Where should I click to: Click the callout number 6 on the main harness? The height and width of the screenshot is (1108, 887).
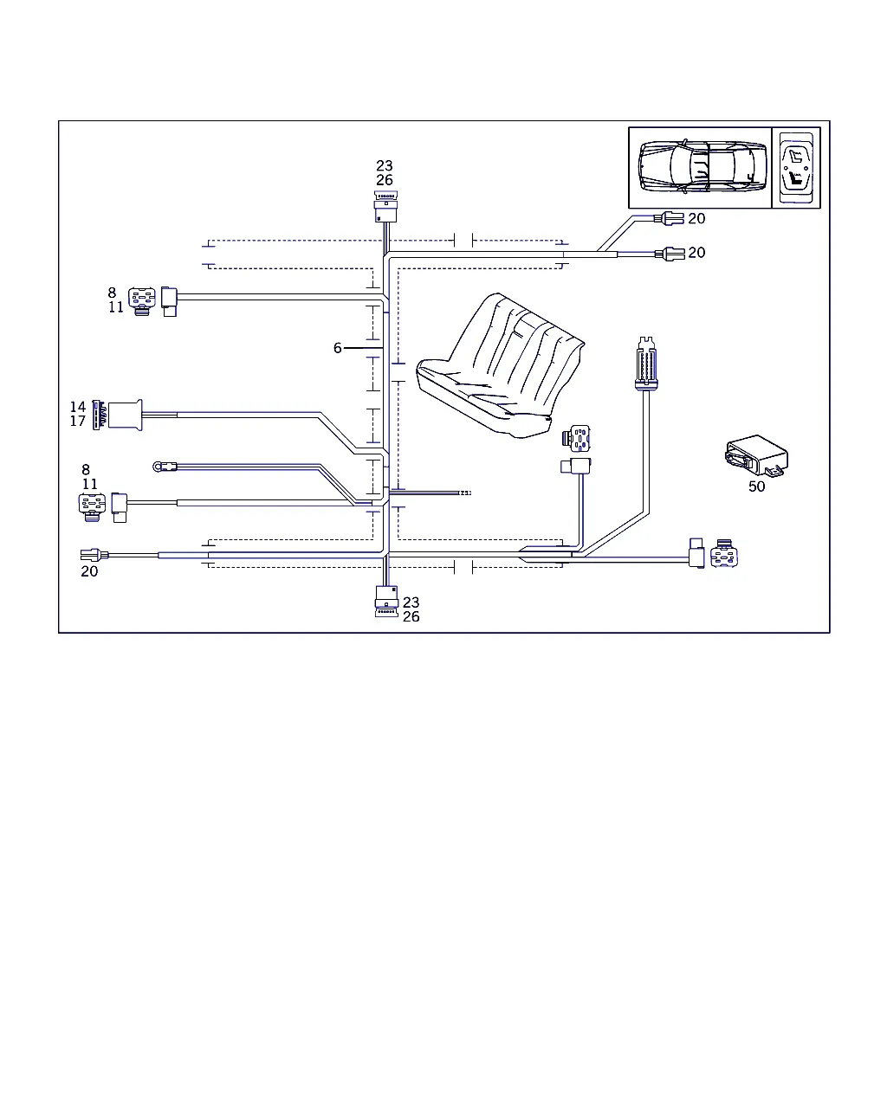pos(337,348)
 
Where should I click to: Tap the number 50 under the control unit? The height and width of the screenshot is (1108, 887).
pos(756,486)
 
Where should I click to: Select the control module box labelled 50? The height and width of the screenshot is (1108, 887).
pos(756,455)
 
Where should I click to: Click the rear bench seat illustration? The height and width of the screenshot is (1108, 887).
pos(500,365)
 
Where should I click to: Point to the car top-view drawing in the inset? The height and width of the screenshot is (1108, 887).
pos(702,166)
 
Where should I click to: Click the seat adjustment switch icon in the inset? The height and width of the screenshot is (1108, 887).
pos(796,167)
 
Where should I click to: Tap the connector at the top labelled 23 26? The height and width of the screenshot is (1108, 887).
pos(385,207)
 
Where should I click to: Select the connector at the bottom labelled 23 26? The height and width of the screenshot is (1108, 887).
pos(386,601)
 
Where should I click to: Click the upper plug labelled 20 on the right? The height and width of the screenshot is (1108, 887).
pos(669,218)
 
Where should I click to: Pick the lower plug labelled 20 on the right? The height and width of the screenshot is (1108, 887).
pos(670,254)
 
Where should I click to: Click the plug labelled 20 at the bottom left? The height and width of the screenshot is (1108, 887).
pos(94,555)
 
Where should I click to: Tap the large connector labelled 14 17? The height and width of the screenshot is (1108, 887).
pos(125,415)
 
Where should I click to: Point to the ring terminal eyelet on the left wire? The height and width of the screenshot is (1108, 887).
pos(158,467)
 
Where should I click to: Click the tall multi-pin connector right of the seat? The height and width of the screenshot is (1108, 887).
pos(646,364)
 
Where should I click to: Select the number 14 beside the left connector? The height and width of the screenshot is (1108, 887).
pos(78,407)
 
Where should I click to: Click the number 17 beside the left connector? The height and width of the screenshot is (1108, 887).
pos(78,422)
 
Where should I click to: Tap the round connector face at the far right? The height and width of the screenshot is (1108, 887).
pos(723,553)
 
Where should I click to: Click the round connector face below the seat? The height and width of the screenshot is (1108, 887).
pos(578,438)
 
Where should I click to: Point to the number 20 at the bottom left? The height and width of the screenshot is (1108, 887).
pos(89,571)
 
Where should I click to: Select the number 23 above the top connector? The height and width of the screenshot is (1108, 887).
pos(385,166)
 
